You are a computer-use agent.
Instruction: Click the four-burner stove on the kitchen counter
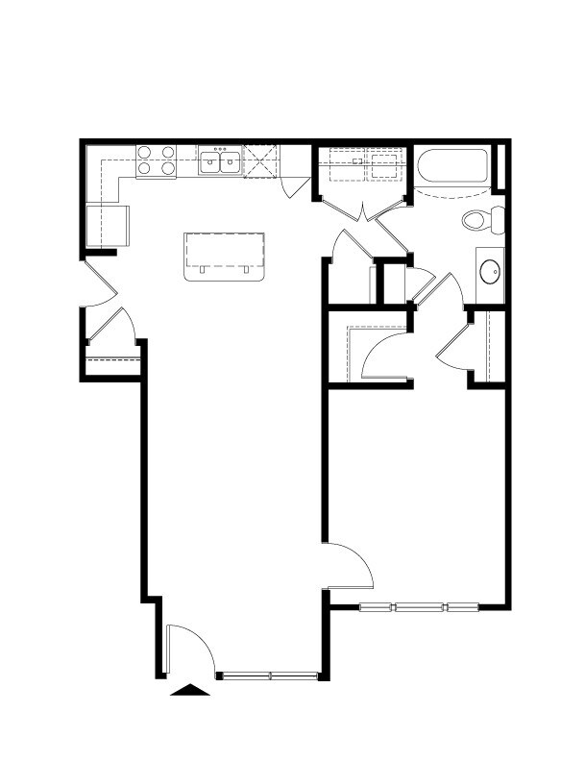(157, 160)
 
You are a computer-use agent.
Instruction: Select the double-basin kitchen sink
(220, 160)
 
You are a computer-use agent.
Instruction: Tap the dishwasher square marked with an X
(260, 160)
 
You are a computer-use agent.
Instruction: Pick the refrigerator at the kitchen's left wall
(107, 225)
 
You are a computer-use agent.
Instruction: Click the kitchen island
(223, 255)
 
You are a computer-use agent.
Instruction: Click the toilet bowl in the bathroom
(477, 220)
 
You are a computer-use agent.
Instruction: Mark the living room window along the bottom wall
(269, 675)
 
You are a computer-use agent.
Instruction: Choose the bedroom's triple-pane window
(419, 606)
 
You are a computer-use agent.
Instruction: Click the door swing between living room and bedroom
(349, 565)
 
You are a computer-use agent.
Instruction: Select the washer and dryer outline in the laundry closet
(362, 163)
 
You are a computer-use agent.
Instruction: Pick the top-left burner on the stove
(145, 152)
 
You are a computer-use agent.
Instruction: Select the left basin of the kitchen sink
(210, 162)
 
